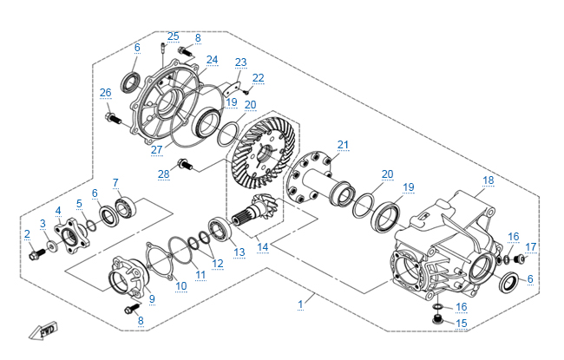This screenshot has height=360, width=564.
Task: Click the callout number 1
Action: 301,304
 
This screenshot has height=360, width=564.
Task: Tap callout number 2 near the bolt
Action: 27,233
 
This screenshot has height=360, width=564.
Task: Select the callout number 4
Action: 58,211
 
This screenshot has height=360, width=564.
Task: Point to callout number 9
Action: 152,299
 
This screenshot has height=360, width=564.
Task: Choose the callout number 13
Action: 239,252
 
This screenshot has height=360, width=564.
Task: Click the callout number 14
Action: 263,246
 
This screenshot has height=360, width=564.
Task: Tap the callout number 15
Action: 461,324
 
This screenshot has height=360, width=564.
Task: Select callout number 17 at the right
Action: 531,246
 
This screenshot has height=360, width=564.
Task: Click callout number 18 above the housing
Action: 489,180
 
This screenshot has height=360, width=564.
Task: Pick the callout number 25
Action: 174,36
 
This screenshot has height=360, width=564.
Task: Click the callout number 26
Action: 105,93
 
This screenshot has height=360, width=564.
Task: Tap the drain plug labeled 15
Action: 437,321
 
